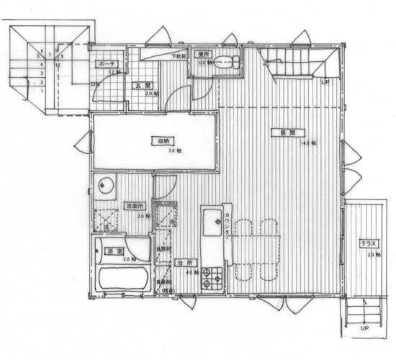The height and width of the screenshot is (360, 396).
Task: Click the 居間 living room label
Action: pos(279,132)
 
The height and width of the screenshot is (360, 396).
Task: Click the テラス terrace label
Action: pos(368,246)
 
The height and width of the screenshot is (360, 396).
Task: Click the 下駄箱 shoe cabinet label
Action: pos(178,56)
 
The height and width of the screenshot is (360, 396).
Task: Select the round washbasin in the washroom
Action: pos(106,186)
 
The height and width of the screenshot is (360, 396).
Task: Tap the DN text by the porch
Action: pos(94,83)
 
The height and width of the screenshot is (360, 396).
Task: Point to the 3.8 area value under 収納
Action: pos(172,152)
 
